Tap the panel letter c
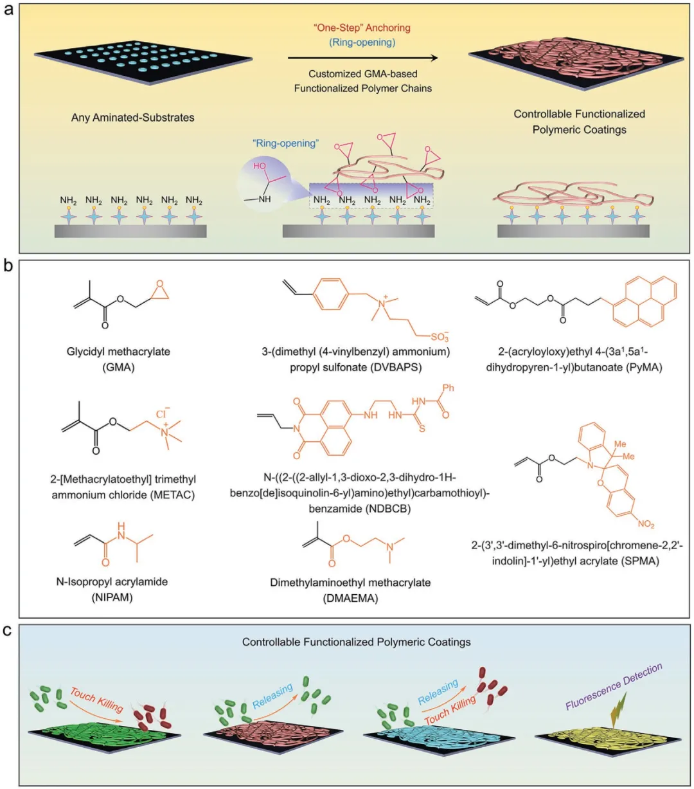pos(9,630)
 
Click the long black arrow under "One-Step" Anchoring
pos(362,58)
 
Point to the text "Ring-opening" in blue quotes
pos(287,143)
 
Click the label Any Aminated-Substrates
pos(133,118)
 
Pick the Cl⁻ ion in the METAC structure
pos(162,414)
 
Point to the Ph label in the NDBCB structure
pos(449,388)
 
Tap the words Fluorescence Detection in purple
pos(614,686)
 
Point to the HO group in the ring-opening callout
pos(260,165)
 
